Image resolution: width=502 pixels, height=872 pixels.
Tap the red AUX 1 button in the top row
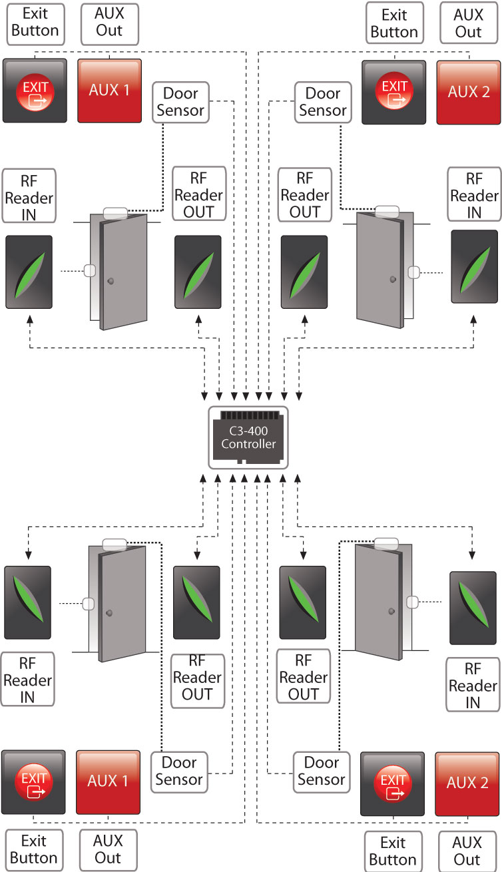tap(109, 91)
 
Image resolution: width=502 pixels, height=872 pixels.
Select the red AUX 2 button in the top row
tap(468, 92)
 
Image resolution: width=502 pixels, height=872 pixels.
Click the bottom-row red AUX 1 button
tap(108, 781)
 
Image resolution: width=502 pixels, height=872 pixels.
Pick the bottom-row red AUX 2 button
tap(467, 783)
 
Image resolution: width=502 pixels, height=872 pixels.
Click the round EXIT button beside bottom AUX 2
tap(392, 783)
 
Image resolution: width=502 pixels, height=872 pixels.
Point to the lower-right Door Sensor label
tap(322, 771)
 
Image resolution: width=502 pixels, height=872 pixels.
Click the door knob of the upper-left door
tap(111, 281)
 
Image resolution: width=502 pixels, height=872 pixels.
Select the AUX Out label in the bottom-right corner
tap(467, 851)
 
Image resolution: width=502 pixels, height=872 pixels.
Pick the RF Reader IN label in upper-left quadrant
tap(29, 195)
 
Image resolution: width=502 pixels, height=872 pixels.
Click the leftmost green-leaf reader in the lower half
tap(27, 602)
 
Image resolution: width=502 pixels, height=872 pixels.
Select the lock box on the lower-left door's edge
tap(88, 604)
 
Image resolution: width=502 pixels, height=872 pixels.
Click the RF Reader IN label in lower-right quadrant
tap(473, 686)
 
